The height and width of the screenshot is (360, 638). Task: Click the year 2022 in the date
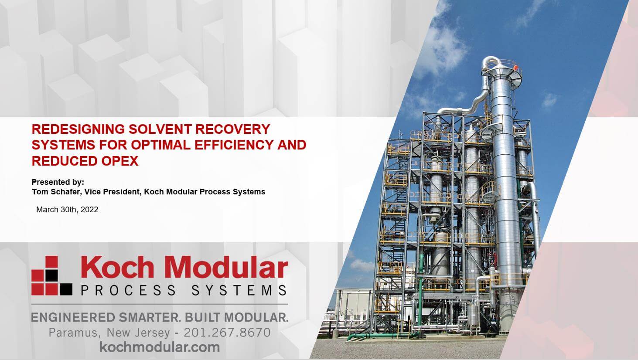(x=89, y=210)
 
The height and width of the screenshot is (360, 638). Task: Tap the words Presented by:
(x=58, y=182)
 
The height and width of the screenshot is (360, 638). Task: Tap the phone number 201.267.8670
(x=227, y=333)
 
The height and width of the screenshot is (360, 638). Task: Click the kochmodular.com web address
(x=160, y=347)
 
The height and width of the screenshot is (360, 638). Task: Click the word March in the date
(x=47, y=210)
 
